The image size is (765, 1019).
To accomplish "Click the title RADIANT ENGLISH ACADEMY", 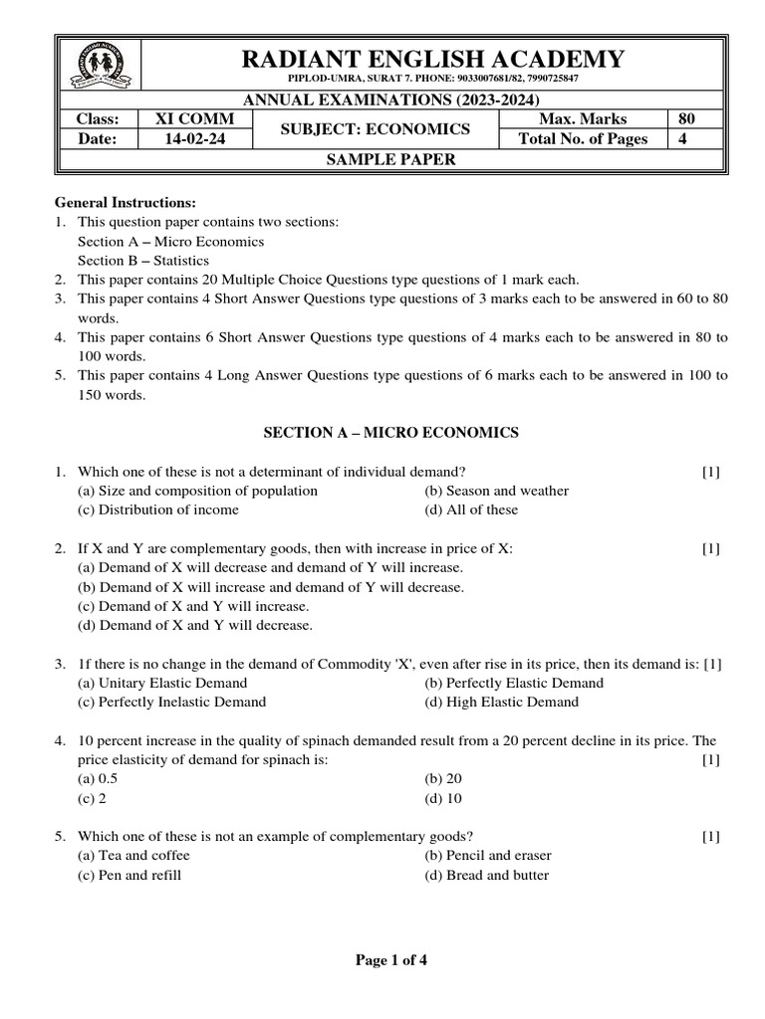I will coord(433,59).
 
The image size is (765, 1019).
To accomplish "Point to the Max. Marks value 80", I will coord(686,119).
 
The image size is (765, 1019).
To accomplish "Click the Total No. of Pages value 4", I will coord(682,139).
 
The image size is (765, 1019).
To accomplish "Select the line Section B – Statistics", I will coord(143,261).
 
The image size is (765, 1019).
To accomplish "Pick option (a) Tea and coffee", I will coord(133,856).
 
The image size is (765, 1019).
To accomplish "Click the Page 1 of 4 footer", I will coord(391,961).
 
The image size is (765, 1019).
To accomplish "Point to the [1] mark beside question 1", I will coord(710,472).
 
